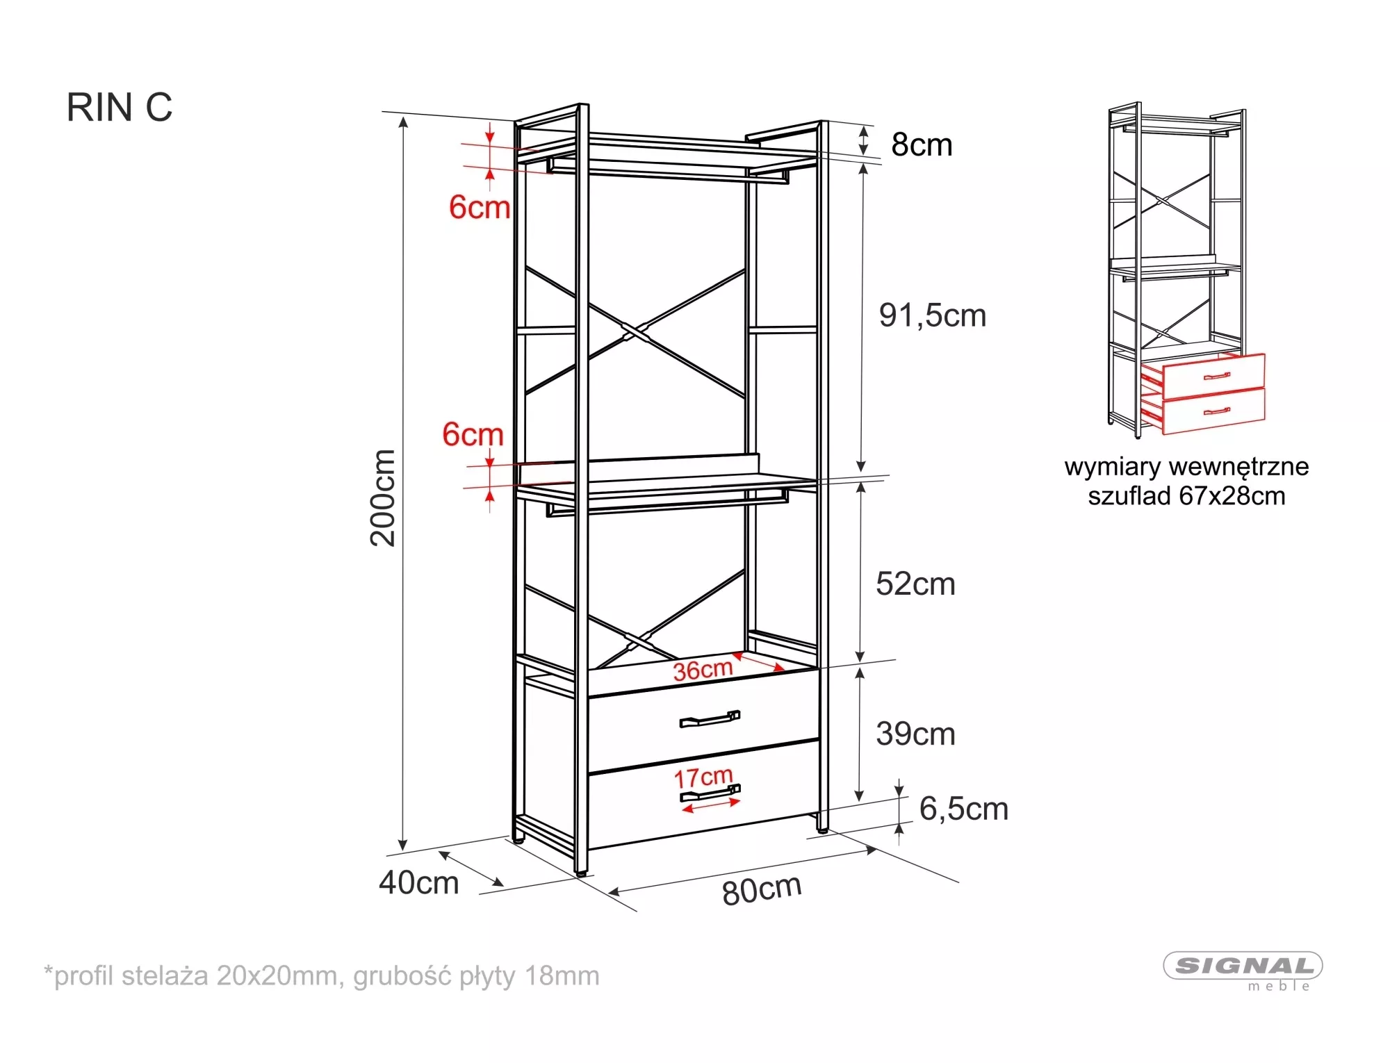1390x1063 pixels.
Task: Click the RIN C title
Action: [x=120, y=108]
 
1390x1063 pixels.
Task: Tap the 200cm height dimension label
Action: [x=383, y=497]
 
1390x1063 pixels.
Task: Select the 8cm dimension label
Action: [x=922, y=145]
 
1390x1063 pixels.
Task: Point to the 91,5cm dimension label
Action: [x=933, y=315]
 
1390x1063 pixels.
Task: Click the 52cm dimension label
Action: [x=915, y=584]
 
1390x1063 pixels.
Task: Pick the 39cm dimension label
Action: [x=915, y=734]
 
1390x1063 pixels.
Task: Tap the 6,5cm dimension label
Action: [x=963, y=809]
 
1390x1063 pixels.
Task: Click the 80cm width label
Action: [x=762, y=890]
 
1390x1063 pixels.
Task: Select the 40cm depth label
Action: [x=418, y=882]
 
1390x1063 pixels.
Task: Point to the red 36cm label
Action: [x=703, y=670]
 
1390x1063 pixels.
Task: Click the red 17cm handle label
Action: [x=703, y=777]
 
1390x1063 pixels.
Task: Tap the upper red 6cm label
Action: [x=480, y=207]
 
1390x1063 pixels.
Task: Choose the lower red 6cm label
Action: [x=473, y=434]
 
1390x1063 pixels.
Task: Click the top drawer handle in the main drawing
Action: [x=710, y=719]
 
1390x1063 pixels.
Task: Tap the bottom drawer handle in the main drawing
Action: [x=710, y=793]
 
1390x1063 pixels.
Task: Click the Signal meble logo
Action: [x=1243, y=970]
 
